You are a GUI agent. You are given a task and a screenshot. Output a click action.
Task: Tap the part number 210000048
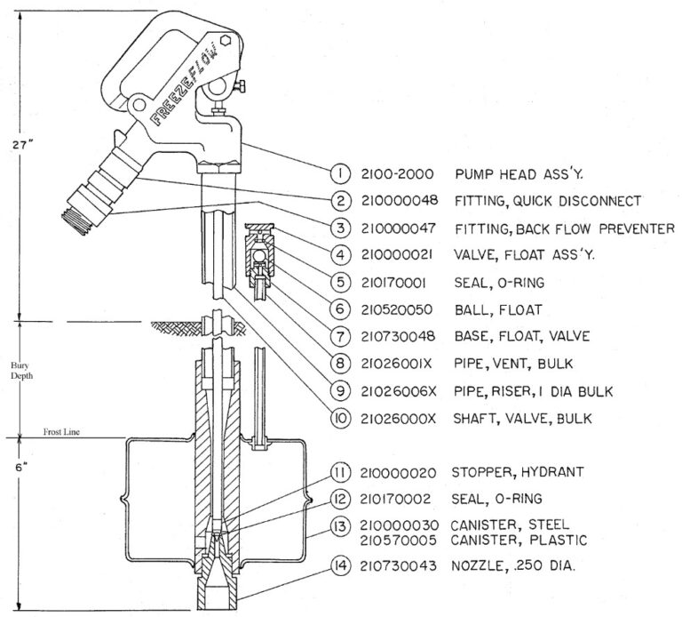[x=400, y=200]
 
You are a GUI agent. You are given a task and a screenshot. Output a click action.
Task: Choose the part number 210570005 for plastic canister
[x=400, y=539]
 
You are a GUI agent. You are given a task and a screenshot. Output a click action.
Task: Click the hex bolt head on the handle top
[x=226, y=41]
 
